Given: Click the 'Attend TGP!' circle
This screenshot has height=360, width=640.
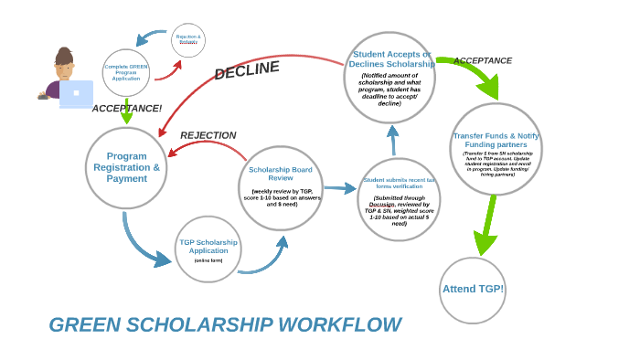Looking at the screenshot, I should (x=472, y=290).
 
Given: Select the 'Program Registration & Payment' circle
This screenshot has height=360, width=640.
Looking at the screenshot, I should (x=126, y=168).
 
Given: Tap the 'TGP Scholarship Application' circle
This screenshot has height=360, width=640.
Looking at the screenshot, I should (x=208, y=249).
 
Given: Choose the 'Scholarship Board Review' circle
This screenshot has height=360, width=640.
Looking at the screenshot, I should (x=281, y=187).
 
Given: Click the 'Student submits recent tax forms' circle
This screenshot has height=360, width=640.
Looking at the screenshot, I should (x=399, y=199).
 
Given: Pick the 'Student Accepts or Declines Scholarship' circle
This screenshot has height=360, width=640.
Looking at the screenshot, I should (x=389, y=78).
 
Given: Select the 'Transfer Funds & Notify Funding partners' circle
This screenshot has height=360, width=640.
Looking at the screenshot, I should (x=496, y=149).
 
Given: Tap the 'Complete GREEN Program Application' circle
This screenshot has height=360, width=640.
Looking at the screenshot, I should (x=126, y=72).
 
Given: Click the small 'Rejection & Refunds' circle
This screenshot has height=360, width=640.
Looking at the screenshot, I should (x=188, y=39).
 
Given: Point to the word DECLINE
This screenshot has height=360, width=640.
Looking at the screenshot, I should (x=246, y=70).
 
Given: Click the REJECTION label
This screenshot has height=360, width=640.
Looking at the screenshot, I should (x=208, y=135).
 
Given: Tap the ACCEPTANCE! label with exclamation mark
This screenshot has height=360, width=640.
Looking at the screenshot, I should (x=126, y=109).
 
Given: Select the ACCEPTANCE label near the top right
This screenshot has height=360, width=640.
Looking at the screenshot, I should (x=482, y=61).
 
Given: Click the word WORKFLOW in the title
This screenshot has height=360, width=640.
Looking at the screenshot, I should (x=339, y=325).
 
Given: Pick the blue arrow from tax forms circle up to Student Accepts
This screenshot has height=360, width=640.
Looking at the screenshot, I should (x=393, y=140).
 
